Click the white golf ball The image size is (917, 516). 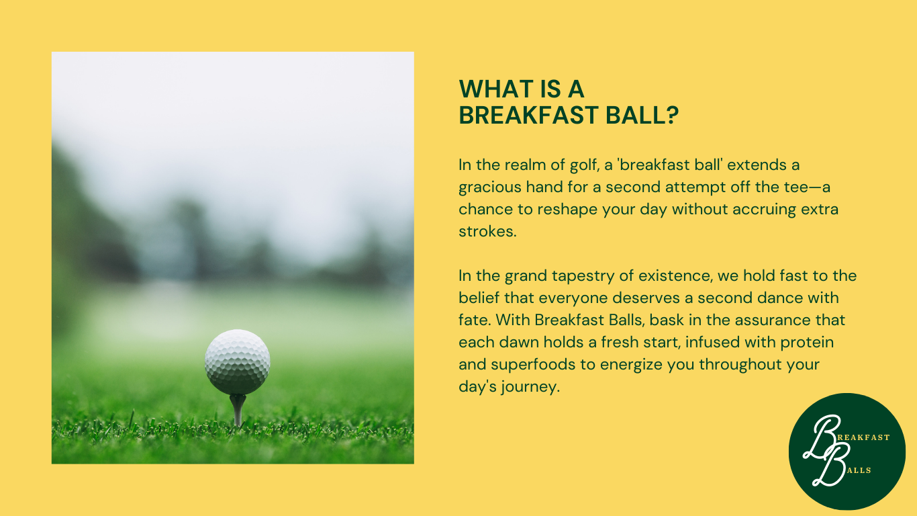[238, 362]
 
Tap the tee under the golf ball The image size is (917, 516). [238, 411]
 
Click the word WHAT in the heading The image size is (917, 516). [490, 89]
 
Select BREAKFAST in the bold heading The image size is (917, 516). [528, 115]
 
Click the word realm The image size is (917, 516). [525, 165]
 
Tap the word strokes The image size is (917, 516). [487, 232]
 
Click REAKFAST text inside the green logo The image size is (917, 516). [863, 437]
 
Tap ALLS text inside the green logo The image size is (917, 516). [859, 470]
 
